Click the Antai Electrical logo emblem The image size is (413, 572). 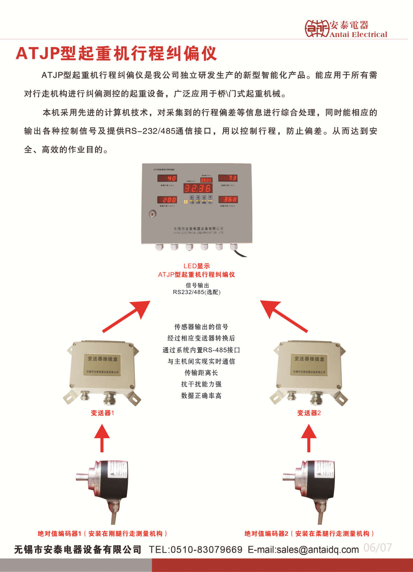pyautogui.click(x=316, y=28)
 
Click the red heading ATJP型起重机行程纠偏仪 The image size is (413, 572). pyautogui.click(x=116, y=53)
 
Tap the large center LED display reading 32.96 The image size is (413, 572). pyautogui.click(x=198, y=188)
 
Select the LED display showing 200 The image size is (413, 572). pyautogui.click(x=167, y=200)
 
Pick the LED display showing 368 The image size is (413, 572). pyautogui.click(x=228, y=199)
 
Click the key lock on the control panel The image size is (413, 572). pyautogui.click(x=153, y=214)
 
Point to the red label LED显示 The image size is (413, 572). pyautogui.click(x=197, y=266)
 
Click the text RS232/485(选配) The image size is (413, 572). pyautogui.click(x=197, y=292)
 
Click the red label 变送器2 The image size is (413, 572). pyautogui.click(x=309, y=413)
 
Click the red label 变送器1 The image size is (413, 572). pyautogui.click(x=102, y=413)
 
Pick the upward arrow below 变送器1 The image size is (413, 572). pyautogui.click(x=102, y=438)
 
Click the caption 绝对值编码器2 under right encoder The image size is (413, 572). pyautogui.click(x=309, y=534)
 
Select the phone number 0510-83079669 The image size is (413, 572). pyautogui.click(x=206, y=550)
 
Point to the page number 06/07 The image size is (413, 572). pyautogui.click(x=377, y=548)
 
